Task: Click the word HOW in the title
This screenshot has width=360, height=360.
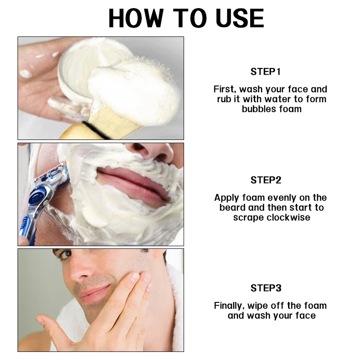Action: click(136, 18)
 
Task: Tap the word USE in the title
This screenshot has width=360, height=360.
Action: click(240, 18)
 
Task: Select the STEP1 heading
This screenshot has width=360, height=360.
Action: click(265, 72)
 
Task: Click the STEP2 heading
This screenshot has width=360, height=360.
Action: click(266, 180)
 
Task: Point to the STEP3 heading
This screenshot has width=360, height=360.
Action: click(266, 288)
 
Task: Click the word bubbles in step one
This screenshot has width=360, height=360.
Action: click(256, 109)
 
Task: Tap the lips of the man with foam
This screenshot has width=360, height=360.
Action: click(133, 186)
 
